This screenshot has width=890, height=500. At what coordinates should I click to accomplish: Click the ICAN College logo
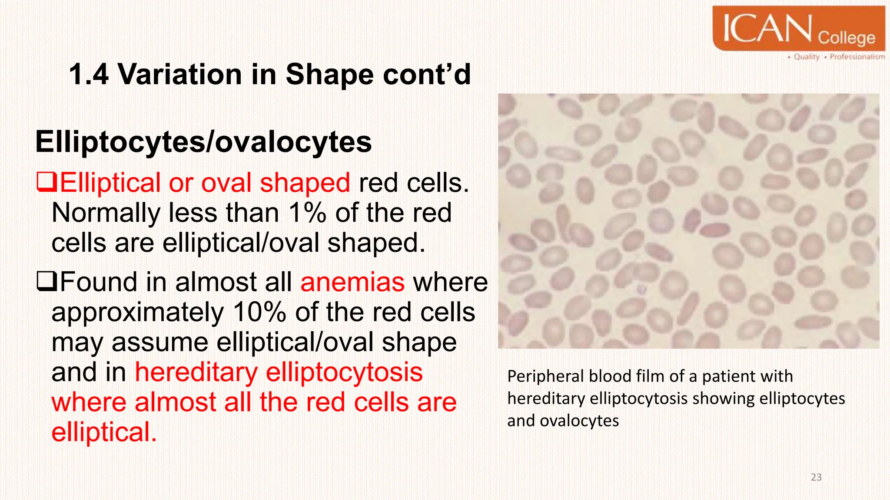pos(799,28)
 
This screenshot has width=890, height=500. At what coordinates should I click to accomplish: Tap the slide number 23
pos(816,477)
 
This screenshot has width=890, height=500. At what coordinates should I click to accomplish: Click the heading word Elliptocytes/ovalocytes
pos(203,142)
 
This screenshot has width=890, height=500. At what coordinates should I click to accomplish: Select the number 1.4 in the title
pos(89,74)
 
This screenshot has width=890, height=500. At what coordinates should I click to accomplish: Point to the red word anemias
pos(352,282)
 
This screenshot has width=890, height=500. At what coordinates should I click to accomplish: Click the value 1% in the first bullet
pos(307,213)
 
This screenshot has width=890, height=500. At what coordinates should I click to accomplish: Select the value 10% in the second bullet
pos(259,312)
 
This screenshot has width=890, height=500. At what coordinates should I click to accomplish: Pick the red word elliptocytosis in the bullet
pos(344,372)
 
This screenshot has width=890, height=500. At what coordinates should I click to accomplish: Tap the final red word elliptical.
pos(104,432)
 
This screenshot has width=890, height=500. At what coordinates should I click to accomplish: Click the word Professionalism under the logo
pos(857,57)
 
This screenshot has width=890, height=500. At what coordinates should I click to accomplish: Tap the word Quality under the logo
pos(807,57)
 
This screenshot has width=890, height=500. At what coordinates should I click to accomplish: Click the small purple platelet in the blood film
pos(641,289)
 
